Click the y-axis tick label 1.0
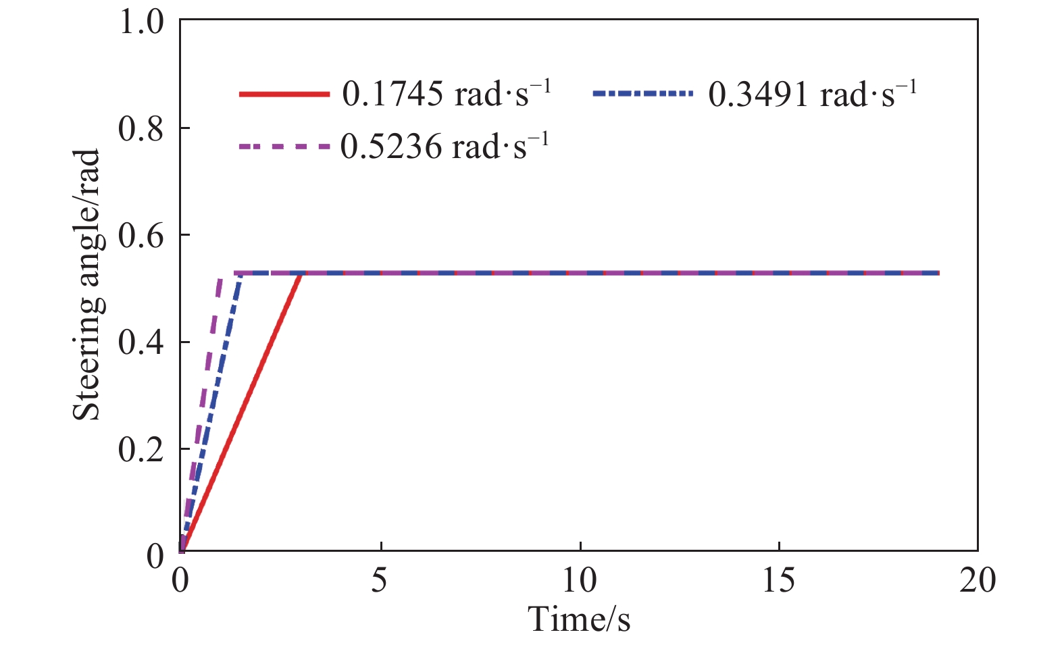click(141, 22)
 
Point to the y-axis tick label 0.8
click(141, 128)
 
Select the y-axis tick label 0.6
click(141, 236)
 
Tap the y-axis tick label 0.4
click(141, 342)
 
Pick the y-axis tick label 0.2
click(141, 449)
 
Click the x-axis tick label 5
click(380, 579)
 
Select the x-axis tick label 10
click(580, 579)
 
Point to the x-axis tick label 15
click(778, 579)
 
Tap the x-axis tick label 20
click(978, 579)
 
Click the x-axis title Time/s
click(579, 619)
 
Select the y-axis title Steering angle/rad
click(88, 284)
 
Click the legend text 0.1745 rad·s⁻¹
click(447, 93)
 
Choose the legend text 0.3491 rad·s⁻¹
click(812, 93)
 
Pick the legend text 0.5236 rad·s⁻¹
click(445, 146)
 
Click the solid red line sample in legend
click(284, 94)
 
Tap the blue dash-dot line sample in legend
click(642, 94)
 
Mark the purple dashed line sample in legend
click(284, 146)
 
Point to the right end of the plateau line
click(938, 273)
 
